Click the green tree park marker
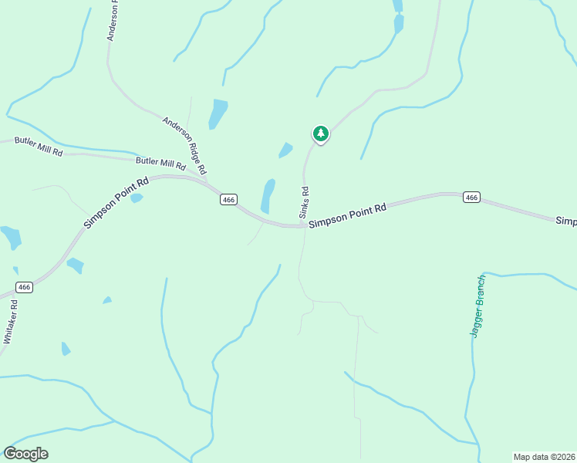coord(320,133)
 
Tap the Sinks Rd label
coord(305,201)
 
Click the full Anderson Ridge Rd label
coord(185,144)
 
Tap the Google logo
coord(25,454)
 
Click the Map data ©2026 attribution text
coord(545,457)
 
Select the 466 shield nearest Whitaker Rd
coord(25,287)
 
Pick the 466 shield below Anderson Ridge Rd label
coord(228,200)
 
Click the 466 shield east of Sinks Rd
coord(472,198)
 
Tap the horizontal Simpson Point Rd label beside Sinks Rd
coord(347,215)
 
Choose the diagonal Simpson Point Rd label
coord(116,204)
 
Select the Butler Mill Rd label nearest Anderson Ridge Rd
coord(160,164)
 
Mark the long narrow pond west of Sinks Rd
coord(268,196)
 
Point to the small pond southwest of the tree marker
coord(285,150)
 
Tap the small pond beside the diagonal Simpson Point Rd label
coord(137,198)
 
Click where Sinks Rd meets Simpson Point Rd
coord(302,226)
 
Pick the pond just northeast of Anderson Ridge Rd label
coord(218,114)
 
